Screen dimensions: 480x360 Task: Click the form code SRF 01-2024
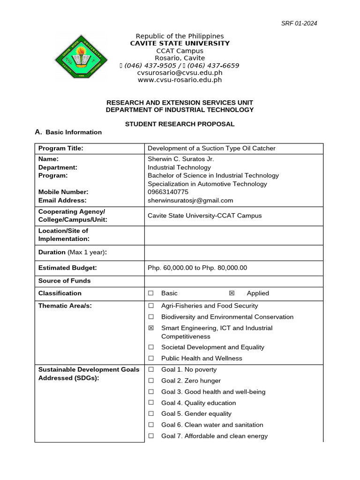click(x=299, y=23)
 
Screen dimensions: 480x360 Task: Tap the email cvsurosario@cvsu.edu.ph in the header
click(x=180, y=73)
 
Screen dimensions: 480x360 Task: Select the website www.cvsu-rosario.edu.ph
click(x=180, y=80)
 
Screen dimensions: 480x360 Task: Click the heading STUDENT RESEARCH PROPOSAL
click(x=180, y=124)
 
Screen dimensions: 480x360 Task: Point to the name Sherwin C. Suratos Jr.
click(x=181, y=159)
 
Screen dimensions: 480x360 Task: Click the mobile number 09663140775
click(x=168, y=192)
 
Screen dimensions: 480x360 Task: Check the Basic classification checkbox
click(x=151, y=293)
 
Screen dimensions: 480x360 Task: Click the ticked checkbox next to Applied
click(x=232, y=293)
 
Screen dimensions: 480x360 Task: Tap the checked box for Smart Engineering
click(x=151, y=328)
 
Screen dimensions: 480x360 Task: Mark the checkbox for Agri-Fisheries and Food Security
click(x=151, y=306)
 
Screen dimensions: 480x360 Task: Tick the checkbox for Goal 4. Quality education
click(x=151, y=403)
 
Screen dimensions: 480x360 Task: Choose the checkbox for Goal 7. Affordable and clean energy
click(x=151, y=436)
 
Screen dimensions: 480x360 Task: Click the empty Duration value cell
click(x=233, y=252)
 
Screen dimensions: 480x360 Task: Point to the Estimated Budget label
click(x=67, y=268)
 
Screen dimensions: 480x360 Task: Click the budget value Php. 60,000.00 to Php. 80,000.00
click(x=197, y=268)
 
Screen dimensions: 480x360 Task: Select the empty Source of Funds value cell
click(x=233, y=281)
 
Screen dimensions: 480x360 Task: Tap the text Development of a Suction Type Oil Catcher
click(x=211, y=148)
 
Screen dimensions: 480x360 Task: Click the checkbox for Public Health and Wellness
click(x=151, y=358)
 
